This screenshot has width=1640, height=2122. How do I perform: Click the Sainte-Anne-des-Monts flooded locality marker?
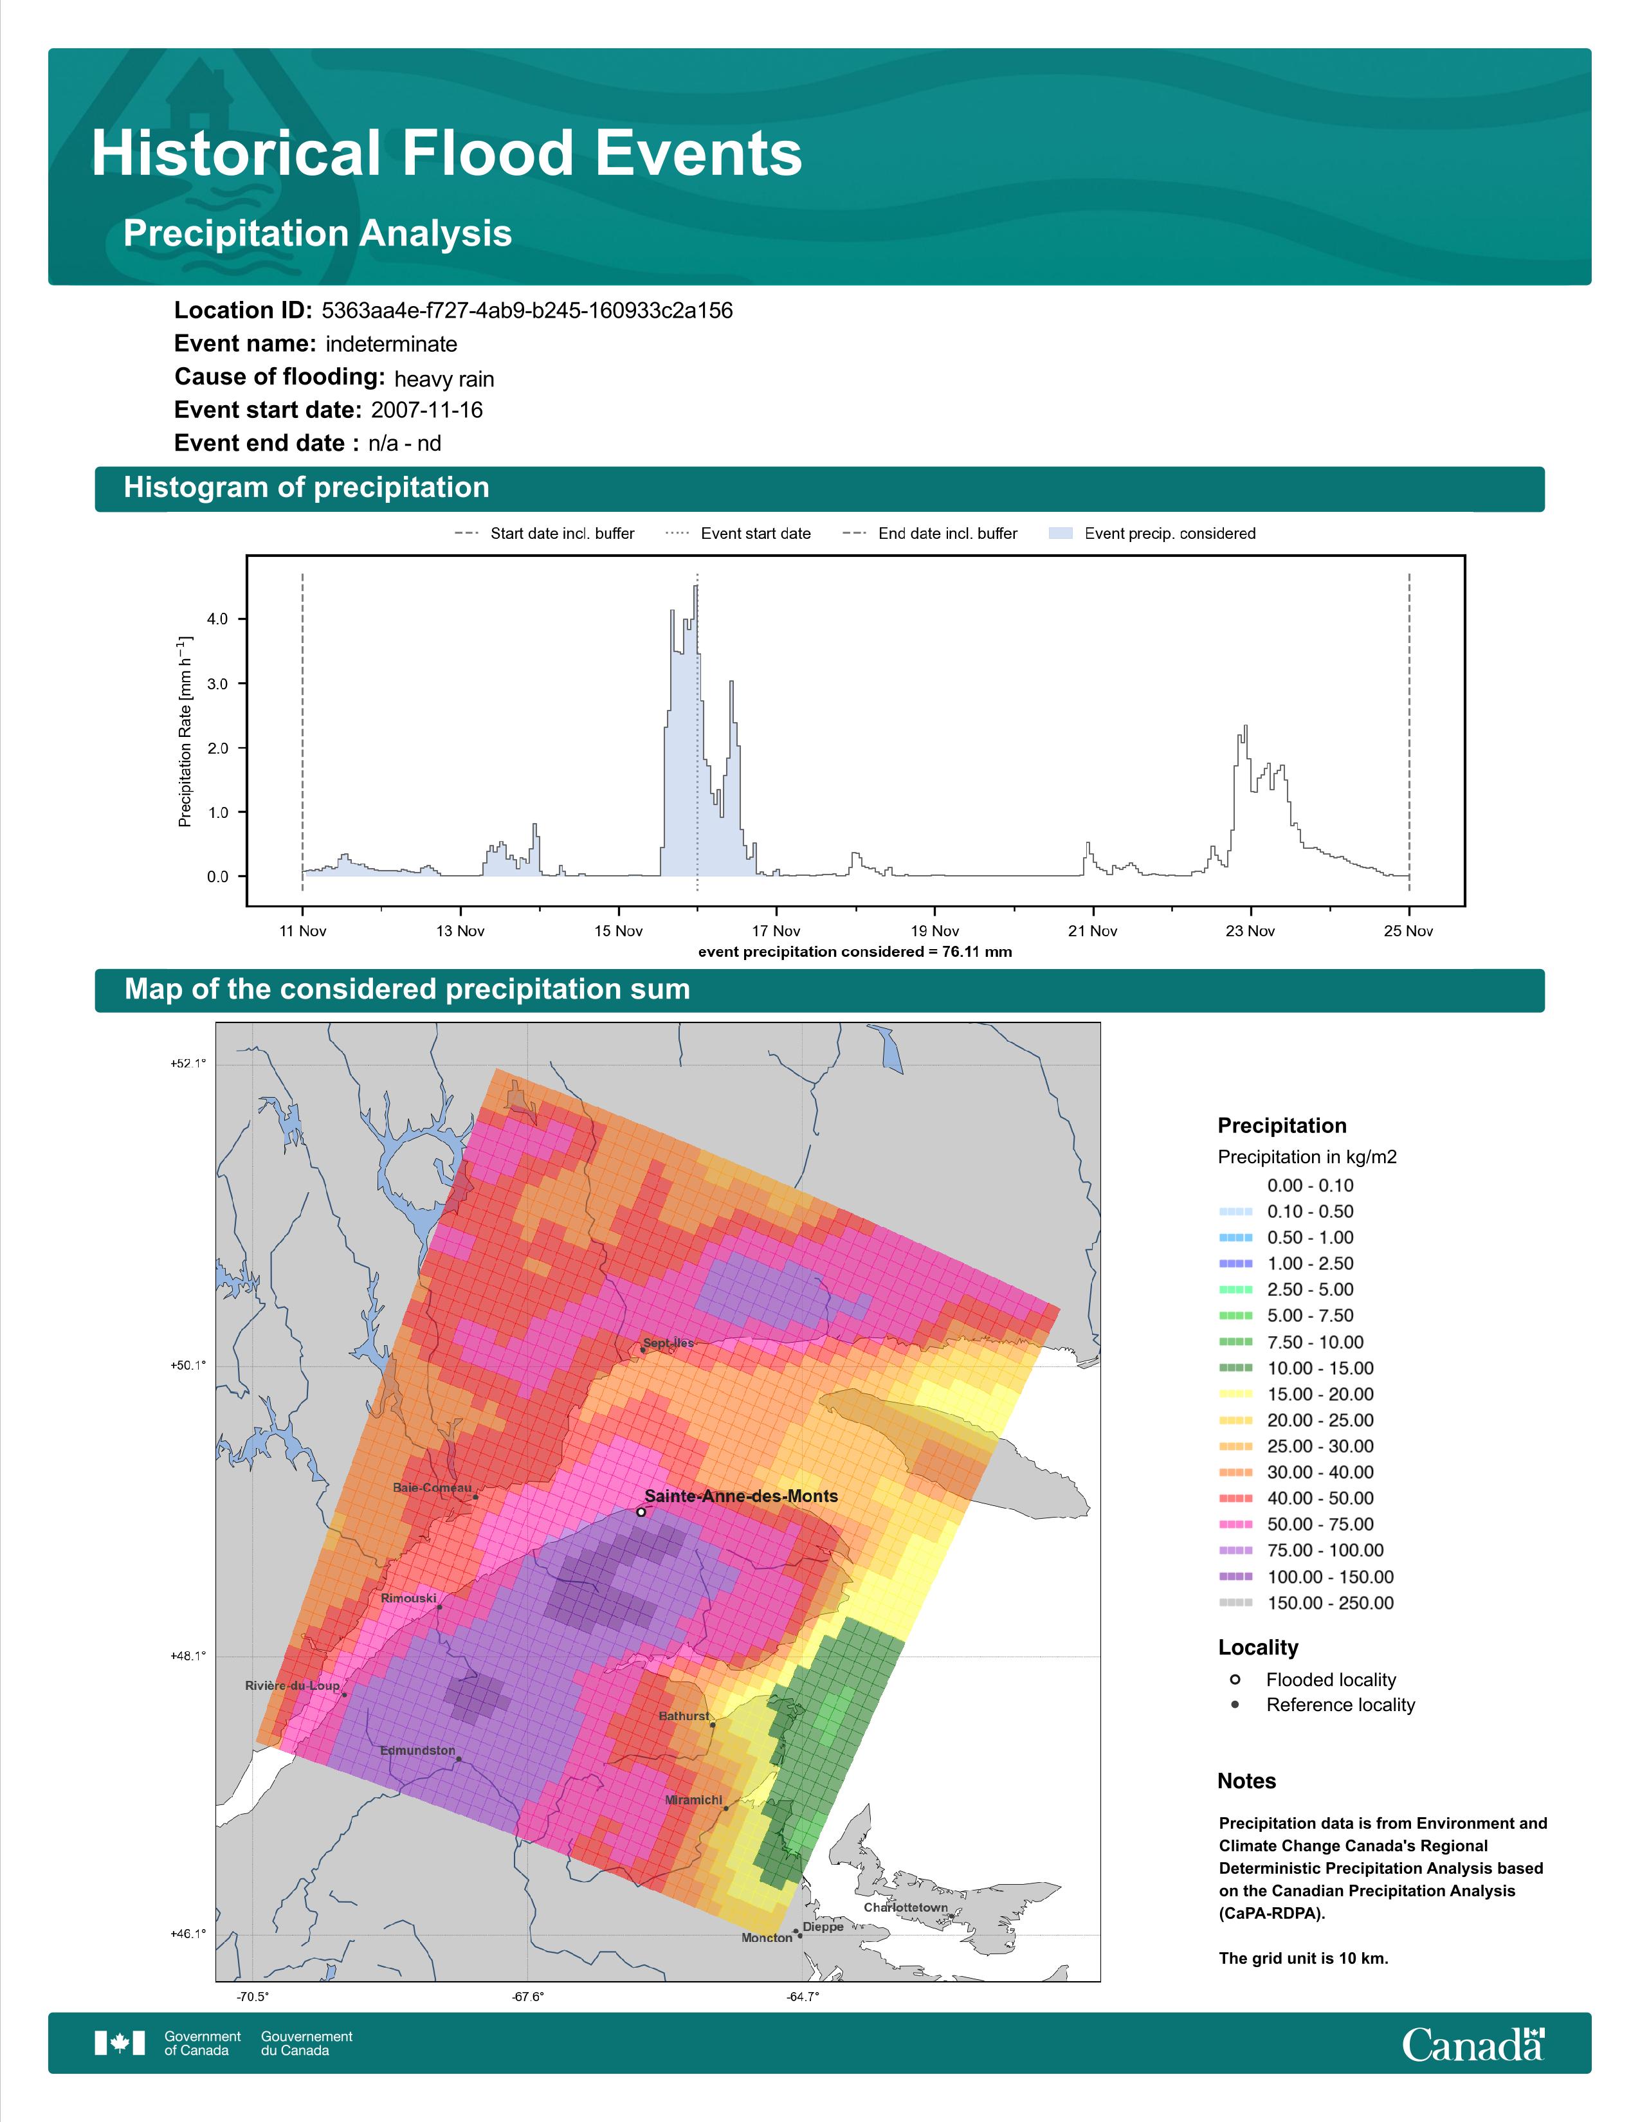click(641, 1512)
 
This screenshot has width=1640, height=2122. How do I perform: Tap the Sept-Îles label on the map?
click(668, 1343)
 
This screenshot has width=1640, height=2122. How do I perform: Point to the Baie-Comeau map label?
click(432, 1487)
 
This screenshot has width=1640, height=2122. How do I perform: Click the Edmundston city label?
click(418, 1750)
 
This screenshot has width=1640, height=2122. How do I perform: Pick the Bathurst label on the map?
click(684, 1716)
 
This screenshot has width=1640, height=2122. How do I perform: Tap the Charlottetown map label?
click(906, 1907)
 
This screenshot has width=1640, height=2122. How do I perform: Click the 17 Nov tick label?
click(776, 931)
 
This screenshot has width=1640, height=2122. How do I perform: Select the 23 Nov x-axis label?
click(1250, 931)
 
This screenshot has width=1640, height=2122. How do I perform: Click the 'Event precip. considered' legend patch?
click(1061, 534)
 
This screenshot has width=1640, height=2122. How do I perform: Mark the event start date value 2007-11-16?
click(426, 410)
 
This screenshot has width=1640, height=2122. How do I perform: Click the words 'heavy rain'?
click(444, 379)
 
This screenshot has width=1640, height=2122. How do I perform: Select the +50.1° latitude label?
click(188, 1365)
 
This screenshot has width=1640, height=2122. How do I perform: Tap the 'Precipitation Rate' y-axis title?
click(185, 732)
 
